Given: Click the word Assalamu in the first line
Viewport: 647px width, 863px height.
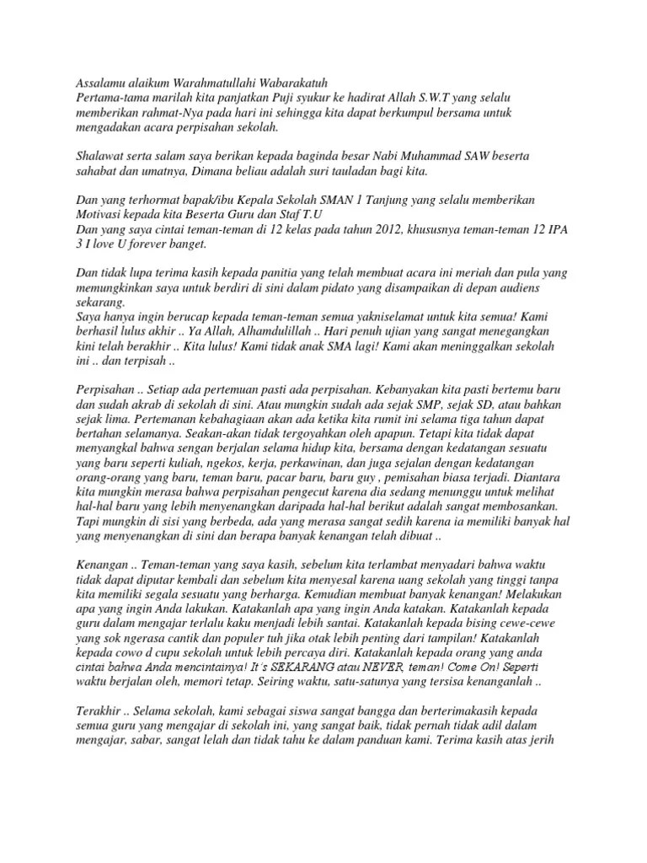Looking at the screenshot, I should click(x=92, y=83).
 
